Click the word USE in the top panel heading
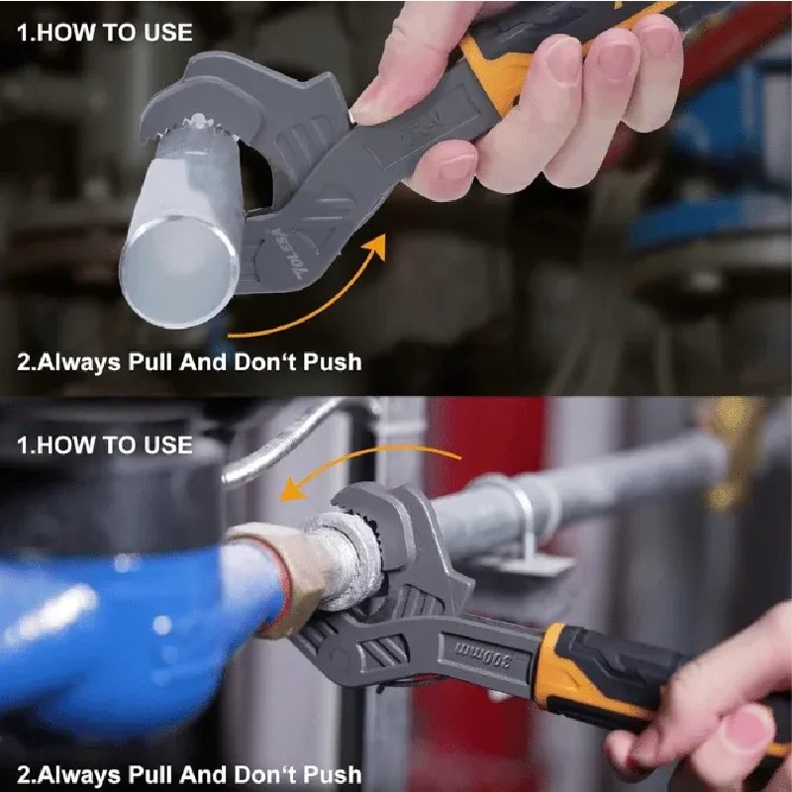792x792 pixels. (x=168, y=33)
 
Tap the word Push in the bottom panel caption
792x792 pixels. (x=333, y=774)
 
